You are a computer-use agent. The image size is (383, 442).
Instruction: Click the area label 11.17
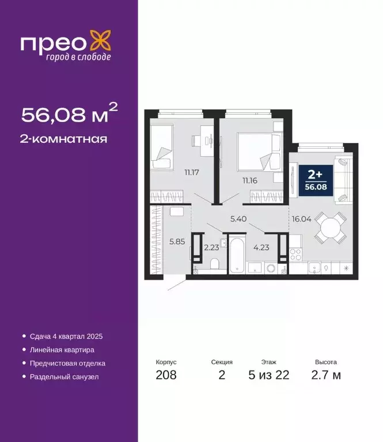[192, 171]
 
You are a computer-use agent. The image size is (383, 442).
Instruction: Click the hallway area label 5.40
[238, 219]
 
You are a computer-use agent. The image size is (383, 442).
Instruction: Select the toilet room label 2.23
[211, 248]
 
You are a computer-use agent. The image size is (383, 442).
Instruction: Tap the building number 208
[166, 376]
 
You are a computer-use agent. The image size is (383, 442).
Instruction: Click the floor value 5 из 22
[268, 376]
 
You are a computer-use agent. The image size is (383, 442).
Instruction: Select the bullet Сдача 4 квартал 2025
[65, 335]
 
